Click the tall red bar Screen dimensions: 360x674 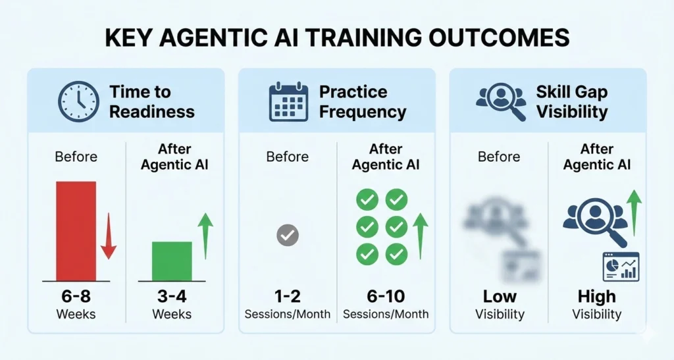(76, 231)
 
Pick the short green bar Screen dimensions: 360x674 (172, 261)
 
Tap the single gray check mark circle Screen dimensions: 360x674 (288, 234)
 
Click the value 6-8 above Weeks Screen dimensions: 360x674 (76, 296)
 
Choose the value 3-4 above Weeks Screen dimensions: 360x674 (172, 296)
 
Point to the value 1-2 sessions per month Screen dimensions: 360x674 (287, 296)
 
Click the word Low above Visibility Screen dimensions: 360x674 (500, 296)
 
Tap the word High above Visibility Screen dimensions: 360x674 (596, 296)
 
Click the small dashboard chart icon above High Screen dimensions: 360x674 (621, 266)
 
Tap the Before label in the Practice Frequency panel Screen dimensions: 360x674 (287, 157)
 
